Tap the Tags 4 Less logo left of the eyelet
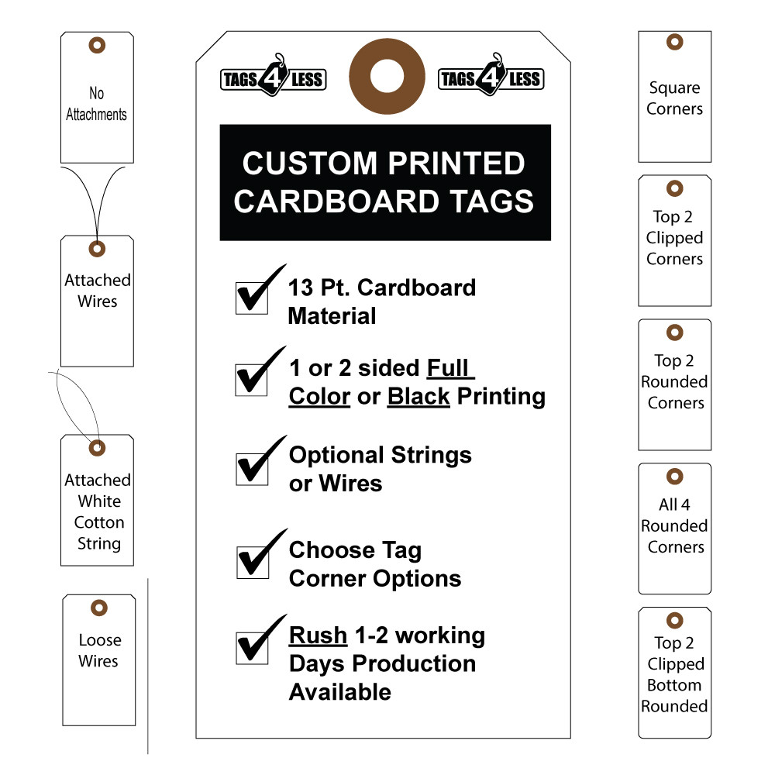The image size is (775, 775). [x=273, y=77]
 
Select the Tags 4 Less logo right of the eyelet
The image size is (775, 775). [x=491, y=77]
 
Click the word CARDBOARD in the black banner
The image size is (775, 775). [x=345, y=201]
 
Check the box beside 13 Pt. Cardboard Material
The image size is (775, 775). [x=251, y=298]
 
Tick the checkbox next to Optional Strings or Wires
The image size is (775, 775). [x=251, y=467]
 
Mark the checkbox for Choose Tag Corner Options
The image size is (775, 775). [x=251, y=562]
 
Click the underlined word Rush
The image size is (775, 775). [x=318, y=635]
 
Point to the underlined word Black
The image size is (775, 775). [x=418, y=396]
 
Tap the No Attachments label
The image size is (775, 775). [x=96, y=104]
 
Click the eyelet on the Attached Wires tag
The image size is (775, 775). [x=97, y=249]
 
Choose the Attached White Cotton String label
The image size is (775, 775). [x=98, y=511]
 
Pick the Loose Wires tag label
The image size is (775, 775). [x=99, y=650]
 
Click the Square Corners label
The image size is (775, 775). [x=674, y=98]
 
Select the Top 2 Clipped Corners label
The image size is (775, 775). [x=674, y=238]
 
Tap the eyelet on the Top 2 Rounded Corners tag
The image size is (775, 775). [x=675, y=332]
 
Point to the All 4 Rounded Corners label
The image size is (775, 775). [x=674, y=525]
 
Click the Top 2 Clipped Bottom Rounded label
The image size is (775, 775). [x=674, y=674]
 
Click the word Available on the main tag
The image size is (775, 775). [x=339, y=692]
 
